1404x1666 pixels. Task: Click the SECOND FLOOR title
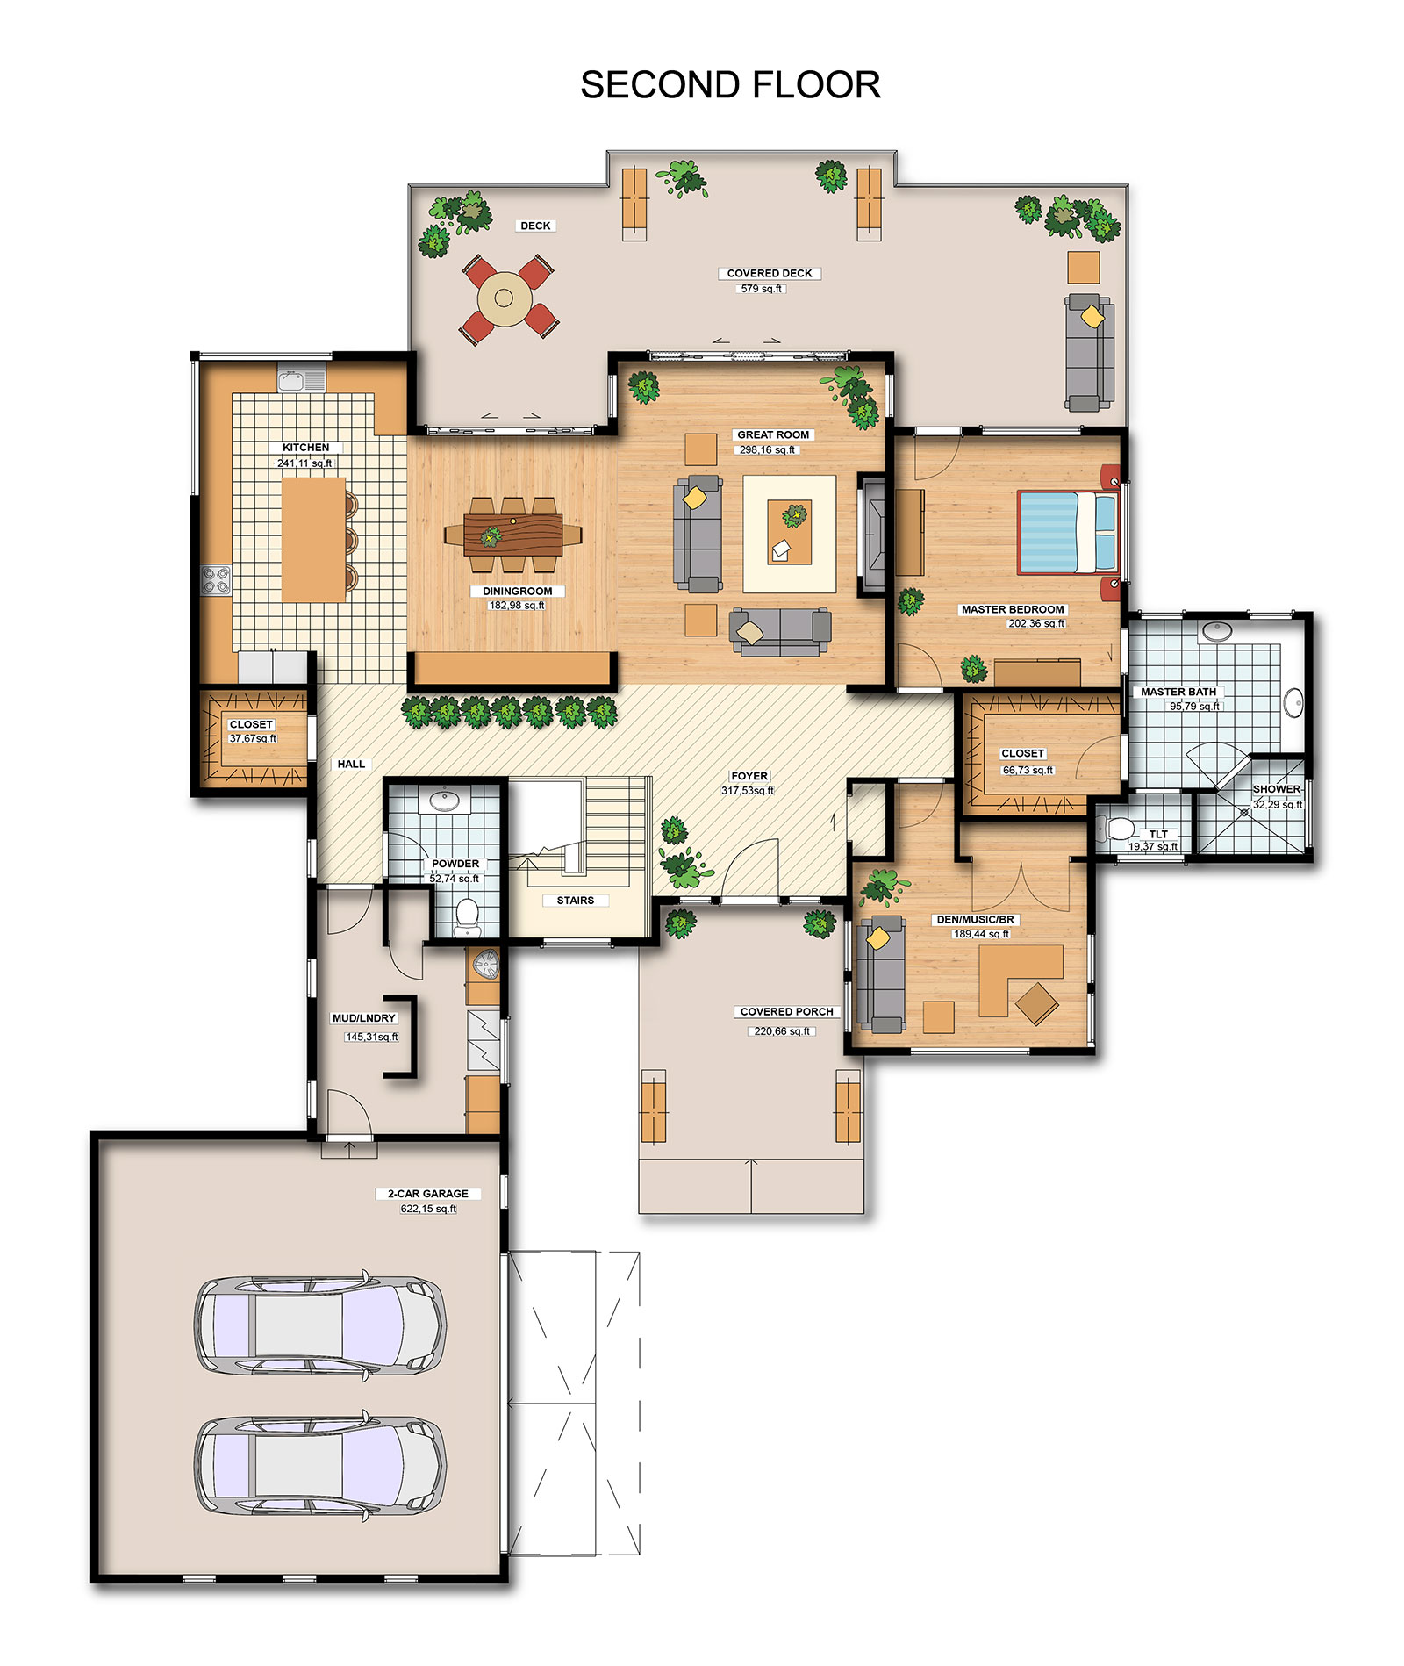pos(730,85)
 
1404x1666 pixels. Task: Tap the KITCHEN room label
pos(305,448)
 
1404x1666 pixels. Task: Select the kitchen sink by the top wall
pos(301,380)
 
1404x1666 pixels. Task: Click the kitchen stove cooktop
pos(216,579)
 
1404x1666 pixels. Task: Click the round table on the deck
pos(504,298)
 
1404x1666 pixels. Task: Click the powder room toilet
pos(468,915)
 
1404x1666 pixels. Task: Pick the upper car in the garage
pos(319,1325)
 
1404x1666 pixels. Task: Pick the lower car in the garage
pos(319,1465)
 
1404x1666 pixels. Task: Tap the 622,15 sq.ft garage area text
pos(428,1209)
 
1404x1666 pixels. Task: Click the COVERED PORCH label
pos(786,1012)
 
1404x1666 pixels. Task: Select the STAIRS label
pos(575,901)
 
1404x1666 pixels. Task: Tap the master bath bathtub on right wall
pos(1293,702)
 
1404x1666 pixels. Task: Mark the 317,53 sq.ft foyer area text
pos(748,791)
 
